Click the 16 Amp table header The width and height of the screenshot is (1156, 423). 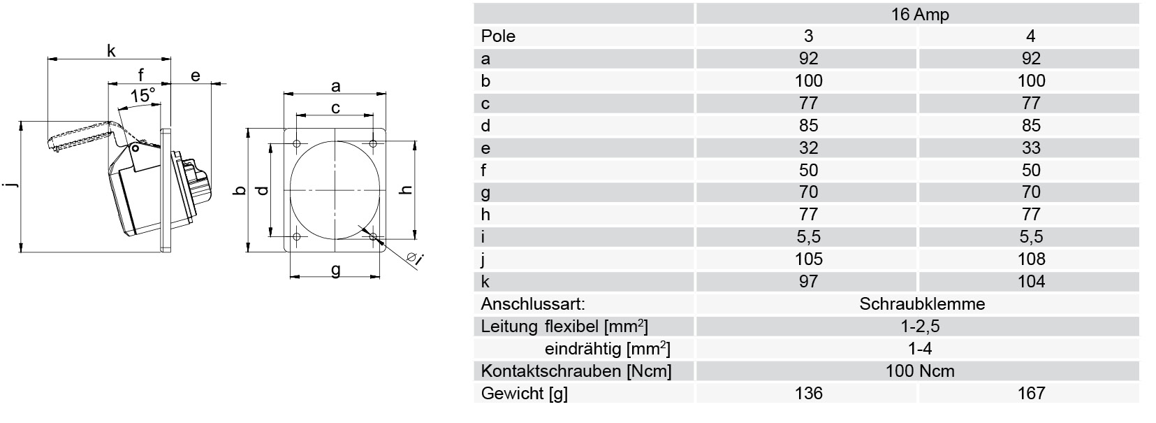coord(920,14)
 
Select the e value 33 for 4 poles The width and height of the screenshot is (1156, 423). coord(1030,148)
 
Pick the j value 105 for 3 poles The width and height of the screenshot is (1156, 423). coord(808,259)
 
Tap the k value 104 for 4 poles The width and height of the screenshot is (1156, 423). coord(1030,282)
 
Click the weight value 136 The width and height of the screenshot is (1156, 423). coord(808,393)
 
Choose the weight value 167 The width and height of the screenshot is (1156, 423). coord(1030,393)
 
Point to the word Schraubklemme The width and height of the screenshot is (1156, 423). coord(922,303)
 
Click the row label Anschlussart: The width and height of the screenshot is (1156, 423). coord(533,303)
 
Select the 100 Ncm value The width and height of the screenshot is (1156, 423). coord(920,371)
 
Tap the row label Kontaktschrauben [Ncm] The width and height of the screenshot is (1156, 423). coord(576,371)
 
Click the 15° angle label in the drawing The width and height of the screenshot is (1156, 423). coord(142,96)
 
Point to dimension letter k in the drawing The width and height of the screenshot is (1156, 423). coord(111,50)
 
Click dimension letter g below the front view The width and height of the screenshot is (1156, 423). coord(335,269)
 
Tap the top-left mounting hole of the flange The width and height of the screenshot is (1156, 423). coord(297,143)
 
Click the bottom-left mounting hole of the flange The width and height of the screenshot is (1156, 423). coord(297,236)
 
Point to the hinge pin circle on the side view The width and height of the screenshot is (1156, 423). coord(135,149)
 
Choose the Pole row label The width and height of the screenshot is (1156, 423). coord(498,36)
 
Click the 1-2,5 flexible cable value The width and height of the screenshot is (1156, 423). coord(920,327)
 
